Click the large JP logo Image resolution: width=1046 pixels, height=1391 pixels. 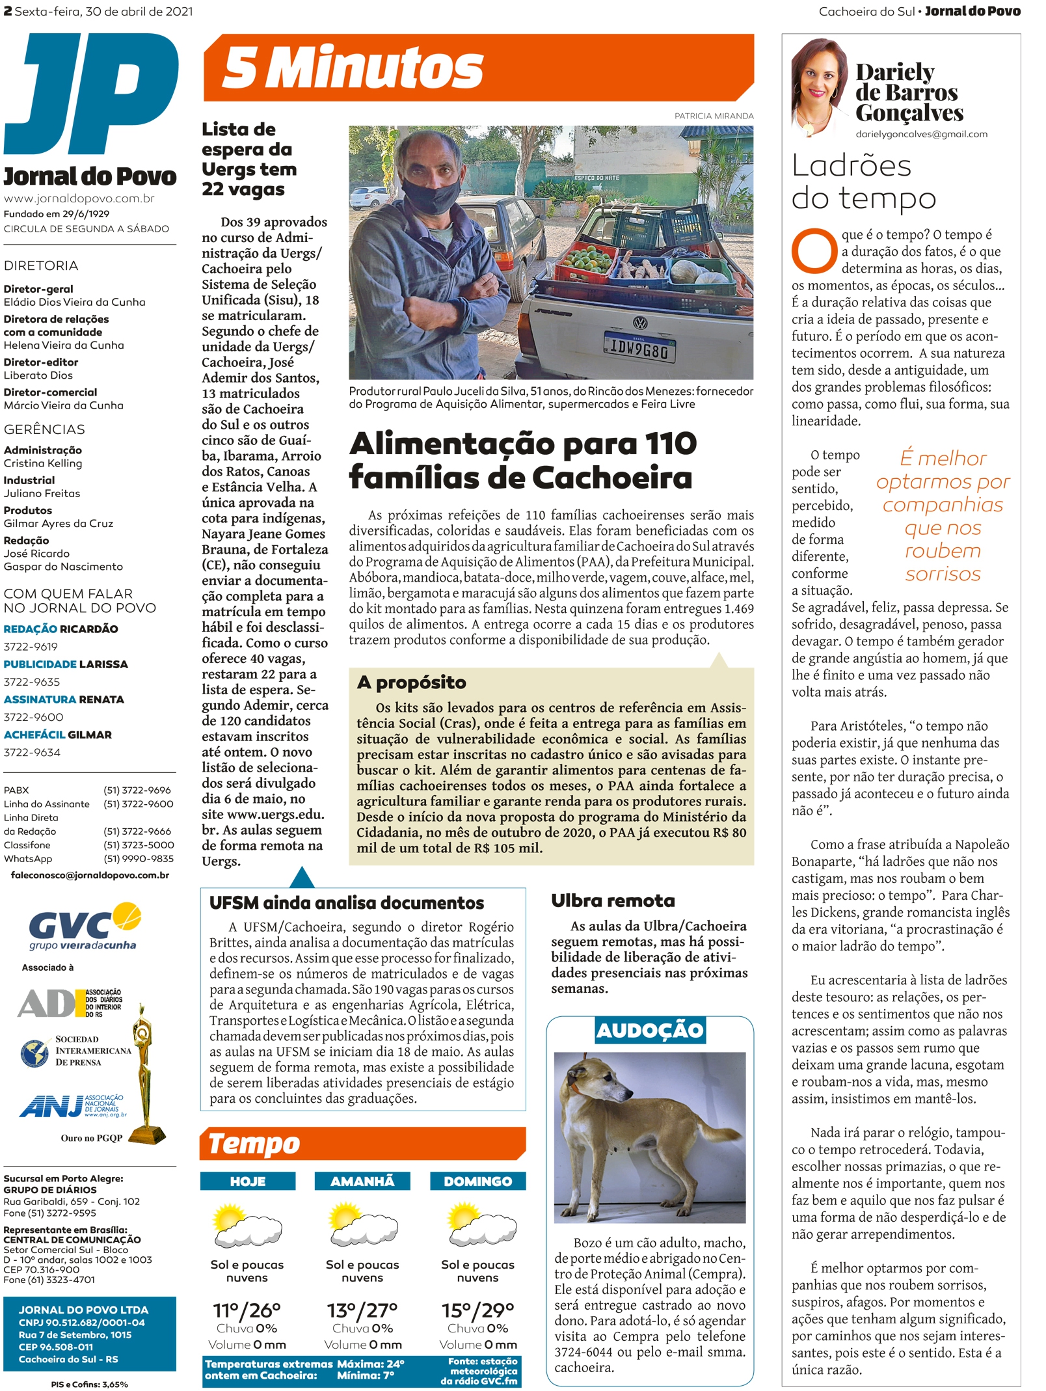(x=91, y=94)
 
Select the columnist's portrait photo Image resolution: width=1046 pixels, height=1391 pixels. (x=820, y=88)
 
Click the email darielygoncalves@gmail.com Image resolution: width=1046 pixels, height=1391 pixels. (x=921, y=134)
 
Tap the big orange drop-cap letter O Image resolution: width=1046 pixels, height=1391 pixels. (x=814, y=251)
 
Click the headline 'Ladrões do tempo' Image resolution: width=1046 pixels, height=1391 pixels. (x=863, y=182)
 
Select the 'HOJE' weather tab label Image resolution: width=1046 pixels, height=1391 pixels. (x=248, y=1181)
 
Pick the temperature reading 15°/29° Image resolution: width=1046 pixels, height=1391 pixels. (x=477, y=1310)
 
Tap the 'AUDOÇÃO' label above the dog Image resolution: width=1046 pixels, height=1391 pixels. (x=650, y=1031)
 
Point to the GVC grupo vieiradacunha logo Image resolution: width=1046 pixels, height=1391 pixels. (x=85, y=926)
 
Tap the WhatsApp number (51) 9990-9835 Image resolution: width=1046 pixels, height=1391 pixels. (x=139, y=859)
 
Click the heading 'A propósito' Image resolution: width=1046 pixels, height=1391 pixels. (x=411, y=682)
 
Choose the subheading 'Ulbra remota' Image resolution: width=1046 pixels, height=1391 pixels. (x=613, y=901)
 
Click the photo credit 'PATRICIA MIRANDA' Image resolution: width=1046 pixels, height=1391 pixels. (x=714, y=116)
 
